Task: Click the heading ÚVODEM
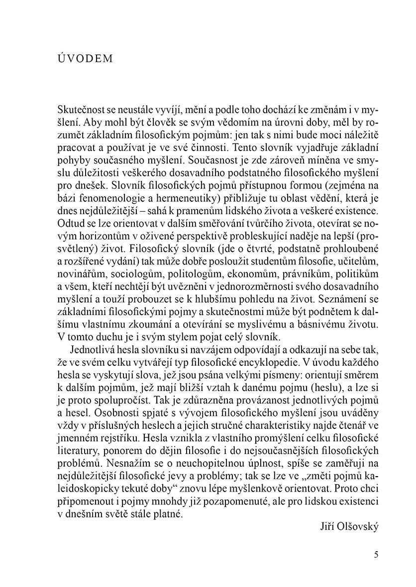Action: [86, 58]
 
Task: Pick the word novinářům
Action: [82, 289]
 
